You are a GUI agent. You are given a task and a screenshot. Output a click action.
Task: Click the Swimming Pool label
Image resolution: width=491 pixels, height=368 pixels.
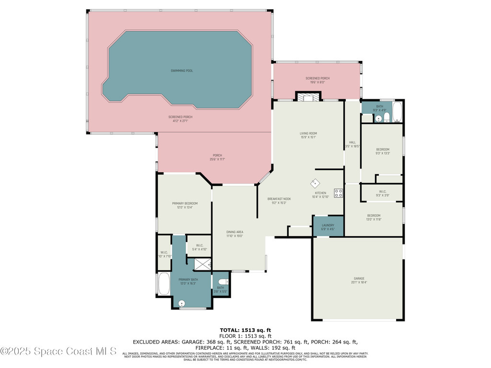(178, 70)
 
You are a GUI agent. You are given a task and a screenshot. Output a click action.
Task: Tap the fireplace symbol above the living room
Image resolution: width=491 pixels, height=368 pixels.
(307, 97)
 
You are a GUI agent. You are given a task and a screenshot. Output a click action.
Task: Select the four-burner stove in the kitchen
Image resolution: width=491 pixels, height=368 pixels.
(338, 193)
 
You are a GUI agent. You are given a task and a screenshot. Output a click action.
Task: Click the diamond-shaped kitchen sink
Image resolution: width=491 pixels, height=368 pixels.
(316, 184)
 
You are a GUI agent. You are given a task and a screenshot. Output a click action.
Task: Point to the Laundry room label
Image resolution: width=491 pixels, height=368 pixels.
(328, 225)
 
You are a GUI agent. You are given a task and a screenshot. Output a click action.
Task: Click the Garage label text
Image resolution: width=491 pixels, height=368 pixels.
(359, 278)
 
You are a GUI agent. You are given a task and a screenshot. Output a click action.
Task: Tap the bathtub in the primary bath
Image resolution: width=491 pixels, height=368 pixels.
(163, 284)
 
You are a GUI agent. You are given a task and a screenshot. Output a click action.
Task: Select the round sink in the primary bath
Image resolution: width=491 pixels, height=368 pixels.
(182, 303)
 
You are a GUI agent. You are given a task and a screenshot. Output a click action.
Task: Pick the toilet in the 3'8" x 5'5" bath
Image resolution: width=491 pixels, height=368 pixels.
(222, 282)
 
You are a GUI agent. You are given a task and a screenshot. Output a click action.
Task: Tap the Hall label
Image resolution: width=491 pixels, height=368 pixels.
(352, 142)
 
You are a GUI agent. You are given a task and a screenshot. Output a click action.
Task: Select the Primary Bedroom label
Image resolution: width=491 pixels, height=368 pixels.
(185, 203)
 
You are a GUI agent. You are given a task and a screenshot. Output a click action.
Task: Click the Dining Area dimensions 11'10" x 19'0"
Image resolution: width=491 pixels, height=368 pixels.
(235, 236)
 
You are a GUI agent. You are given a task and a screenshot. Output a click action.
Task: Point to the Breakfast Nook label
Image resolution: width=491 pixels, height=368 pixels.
(279, 198)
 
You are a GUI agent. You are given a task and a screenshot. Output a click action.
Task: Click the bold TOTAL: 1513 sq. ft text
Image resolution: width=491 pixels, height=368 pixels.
(245, 330)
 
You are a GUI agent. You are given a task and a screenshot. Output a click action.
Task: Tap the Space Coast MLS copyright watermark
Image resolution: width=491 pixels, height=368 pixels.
(58, 351)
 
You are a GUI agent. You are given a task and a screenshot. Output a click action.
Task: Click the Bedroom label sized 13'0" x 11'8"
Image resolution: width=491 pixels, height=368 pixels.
(374, 215)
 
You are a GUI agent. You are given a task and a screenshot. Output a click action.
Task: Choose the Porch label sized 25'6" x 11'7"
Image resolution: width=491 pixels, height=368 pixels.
(217, 155)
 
